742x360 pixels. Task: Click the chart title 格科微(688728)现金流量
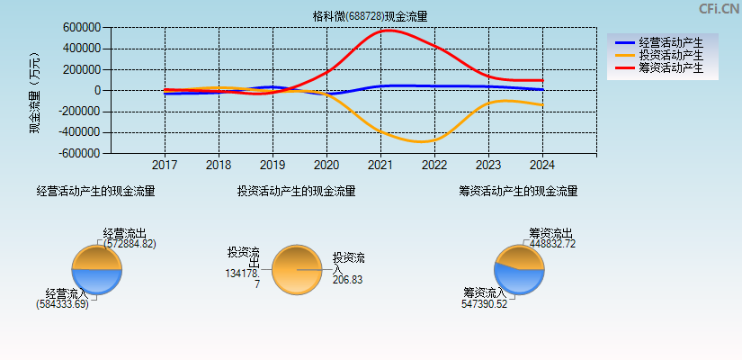click(370, 15)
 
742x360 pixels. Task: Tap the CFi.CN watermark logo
click(719, 9)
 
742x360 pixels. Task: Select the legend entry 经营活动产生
click(670, 42)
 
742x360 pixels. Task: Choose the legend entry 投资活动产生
click(670, 55)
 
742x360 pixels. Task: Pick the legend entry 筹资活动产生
click(670, 67)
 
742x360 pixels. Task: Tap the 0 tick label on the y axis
click(95, 91)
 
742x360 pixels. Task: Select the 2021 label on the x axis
click(380, 166)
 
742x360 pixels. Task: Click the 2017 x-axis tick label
click(165, 166)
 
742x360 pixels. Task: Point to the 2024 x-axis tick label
click(542, 166)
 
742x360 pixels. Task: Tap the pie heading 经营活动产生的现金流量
click(95, 191)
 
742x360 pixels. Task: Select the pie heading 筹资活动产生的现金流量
click(518, 191)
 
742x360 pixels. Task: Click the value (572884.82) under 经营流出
click(129, 244)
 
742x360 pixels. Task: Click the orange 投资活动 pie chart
click(296, 269)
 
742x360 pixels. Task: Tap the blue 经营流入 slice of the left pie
click(96, 281)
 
